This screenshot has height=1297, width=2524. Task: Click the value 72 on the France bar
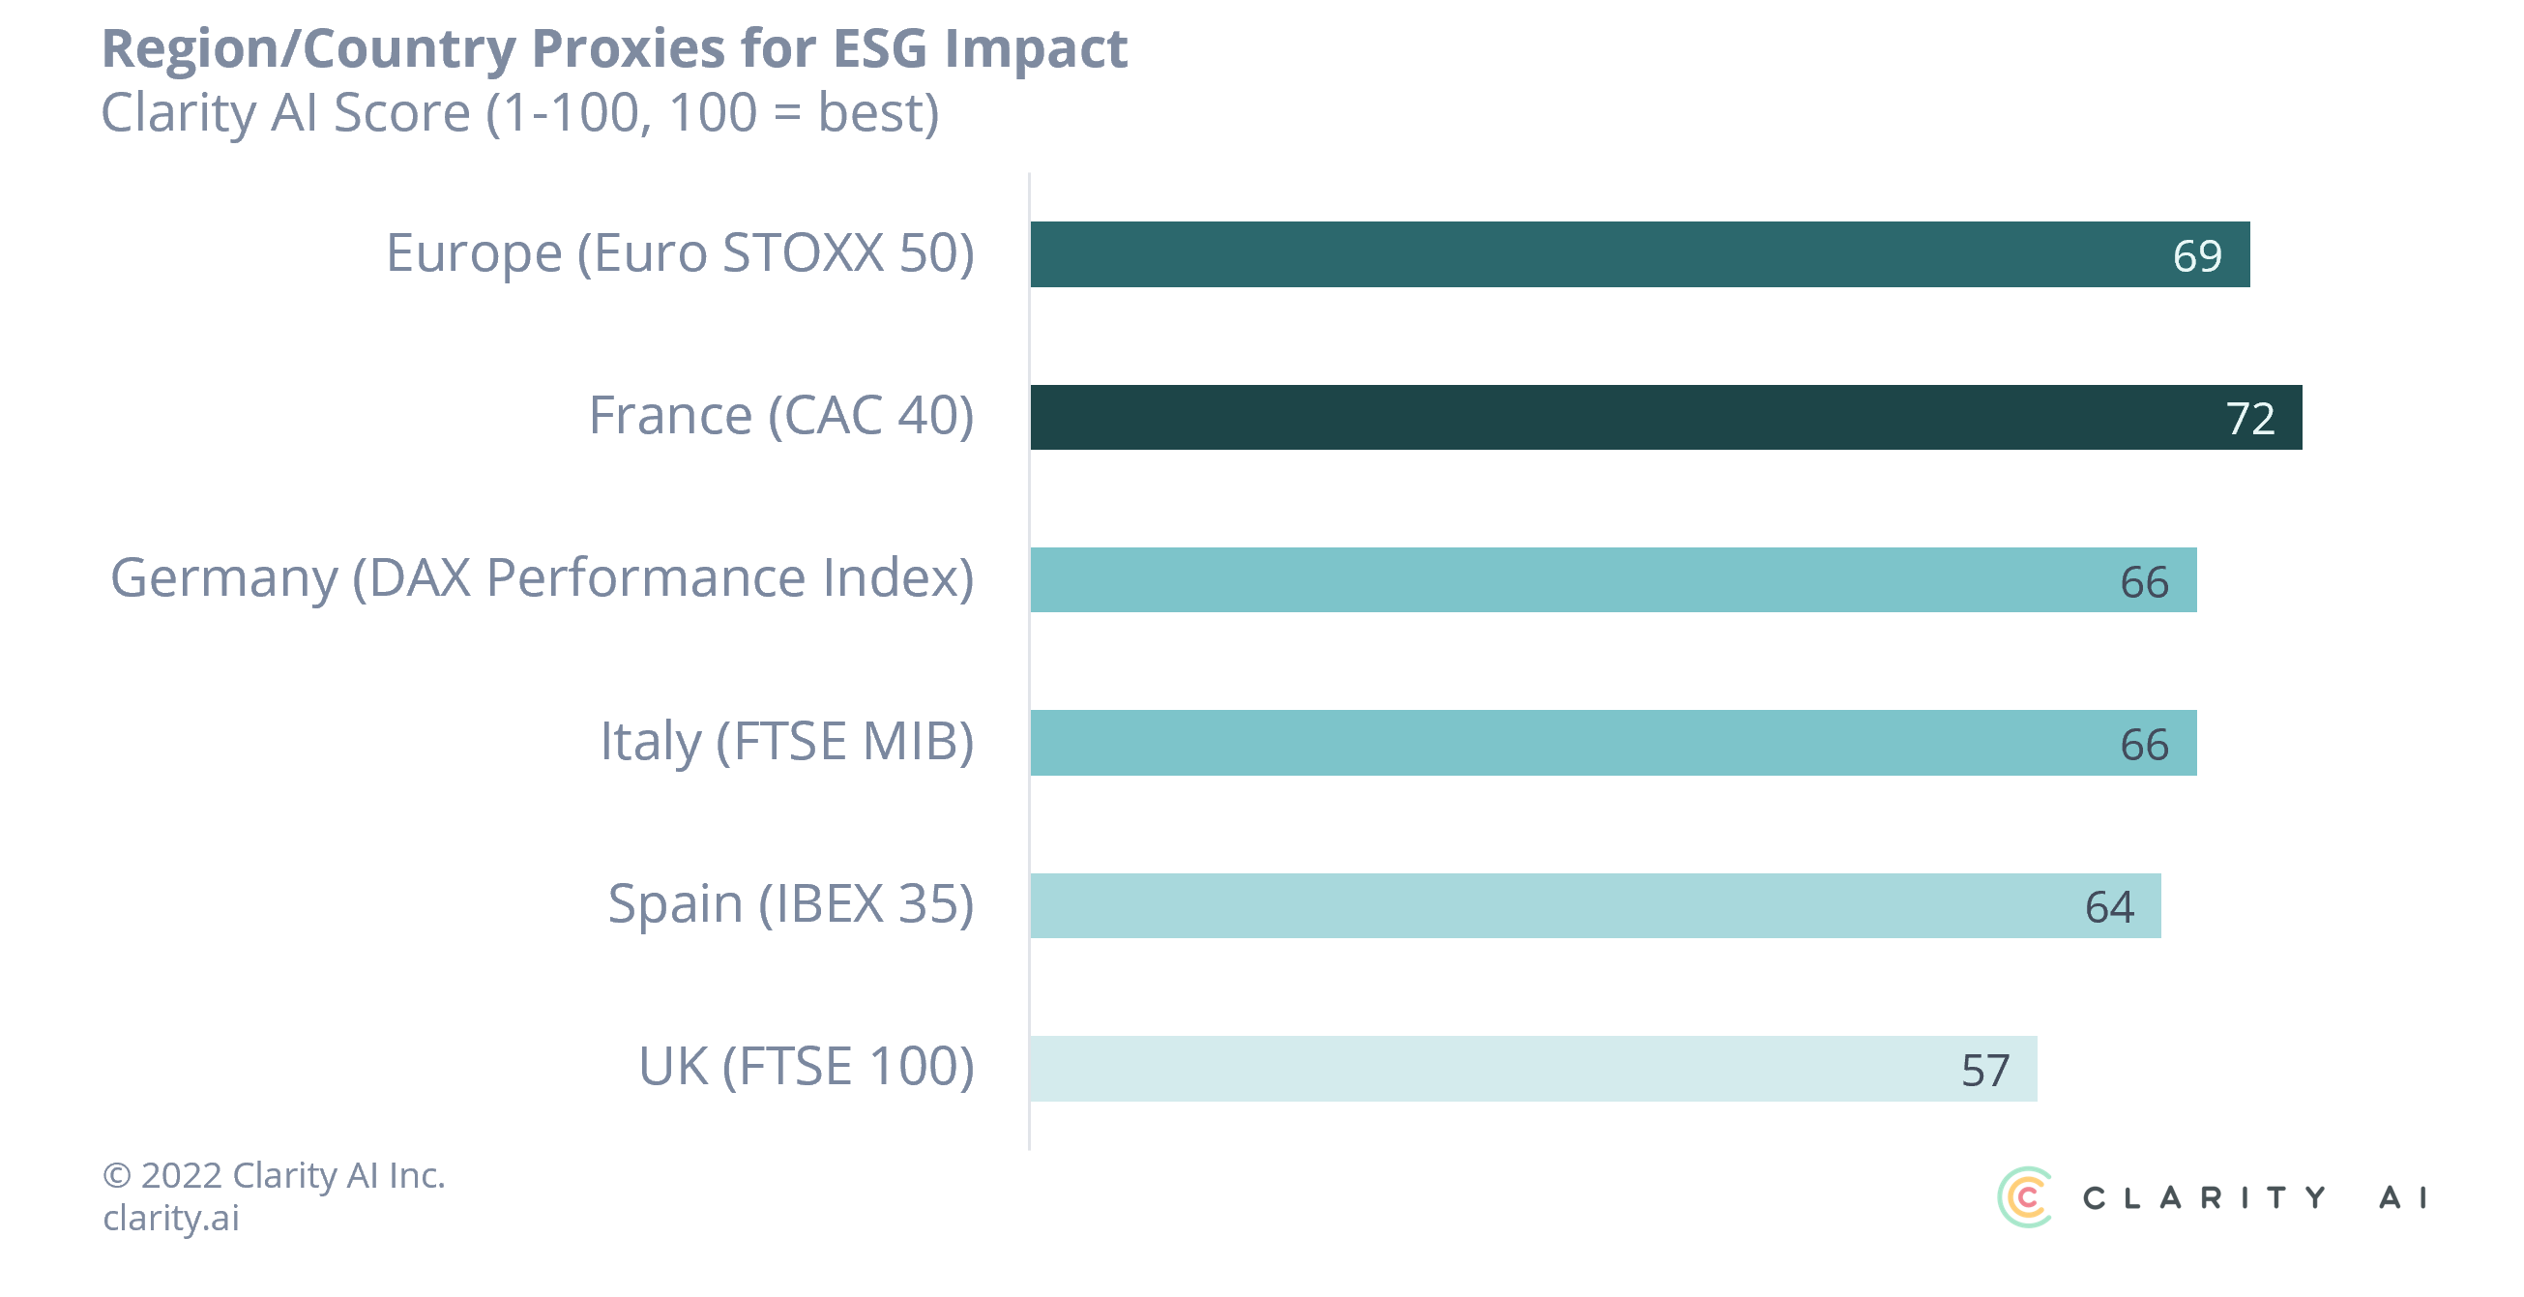[2249, 419]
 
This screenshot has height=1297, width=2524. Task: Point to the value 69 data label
[2197, 256]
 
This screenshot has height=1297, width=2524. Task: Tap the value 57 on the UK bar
[1985, 1071]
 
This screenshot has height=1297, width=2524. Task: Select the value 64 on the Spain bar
[2108, 907]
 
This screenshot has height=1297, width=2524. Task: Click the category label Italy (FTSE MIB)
[787, 742]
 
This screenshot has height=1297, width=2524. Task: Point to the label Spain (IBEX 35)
[791, 904]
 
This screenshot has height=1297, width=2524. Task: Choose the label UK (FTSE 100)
[807, 1067]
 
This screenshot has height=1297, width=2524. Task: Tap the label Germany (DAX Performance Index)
[542, 578]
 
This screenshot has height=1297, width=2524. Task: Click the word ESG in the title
[879, 49]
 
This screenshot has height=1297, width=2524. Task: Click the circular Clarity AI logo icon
[2025, 1196]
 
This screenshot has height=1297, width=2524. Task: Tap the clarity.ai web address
[171, 1218]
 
